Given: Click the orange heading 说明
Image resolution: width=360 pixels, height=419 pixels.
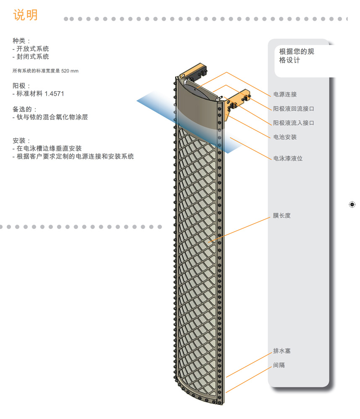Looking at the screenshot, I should pyautogui.click(x=26, y=15).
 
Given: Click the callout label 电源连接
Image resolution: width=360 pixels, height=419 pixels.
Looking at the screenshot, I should pyautogui.click(x=285, y=94).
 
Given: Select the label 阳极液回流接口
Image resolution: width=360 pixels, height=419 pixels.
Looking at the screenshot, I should pyautogui.click(x=294, y=109).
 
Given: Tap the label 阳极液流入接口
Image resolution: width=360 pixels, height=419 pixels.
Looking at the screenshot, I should pyautogui.click(x=294, y=123).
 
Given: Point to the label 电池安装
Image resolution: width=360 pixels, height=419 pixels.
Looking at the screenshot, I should pyautogui.click(x=285, y=137).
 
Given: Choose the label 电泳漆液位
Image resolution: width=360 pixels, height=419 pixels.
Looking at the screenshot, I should pyautogui.click(x=288, y=158).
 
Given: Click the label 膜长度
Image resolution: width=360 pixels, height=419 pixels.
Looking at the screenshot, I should pyautogui.click(x=281, y=215).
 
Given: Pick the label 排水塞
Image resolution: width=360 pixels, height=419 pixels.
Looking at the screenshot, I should pyautogui.click(x=282, y=351).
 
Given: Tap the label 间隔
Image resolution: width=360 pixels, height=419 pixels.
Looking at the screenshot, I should pyautogui.click(x=279, y=365).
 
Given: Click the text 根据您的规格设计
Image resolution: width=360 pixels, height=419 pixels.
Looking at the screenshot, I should pyautogui.click(x=297, y=56).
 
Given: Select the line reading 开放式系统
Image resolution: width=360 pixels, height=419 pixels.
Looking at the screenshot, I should pyautogui.click(x=33, y=49).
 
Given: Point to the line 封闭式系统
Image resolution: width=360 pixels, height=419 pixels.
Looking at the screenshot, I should pyautogui.click(x=33, y=56).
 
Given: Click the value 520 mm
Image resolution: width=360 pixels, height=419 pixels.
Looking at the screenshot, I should pyautogui.click(x=70, y=71).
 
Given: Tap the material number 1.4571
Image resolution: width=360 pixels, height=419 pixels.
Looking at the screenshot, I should pyautogui.click(x=54, y=94).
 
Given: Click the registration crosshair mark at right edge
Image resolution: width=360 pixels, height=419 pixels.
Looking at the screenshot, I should pyautogui.click(x=352, y=204).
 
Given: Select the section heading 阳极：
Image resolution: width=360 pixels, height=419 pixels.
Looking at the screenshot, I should pyautogui.click(x=21, y=86).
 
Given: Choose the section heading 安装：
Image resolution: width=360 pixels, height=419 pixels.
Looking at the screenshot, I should pyautogui.click(x=21, y=140).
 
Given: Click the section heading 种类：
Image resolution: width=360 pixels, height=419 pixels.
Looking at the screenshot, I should pyautogui.click(x=21, y=41).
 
